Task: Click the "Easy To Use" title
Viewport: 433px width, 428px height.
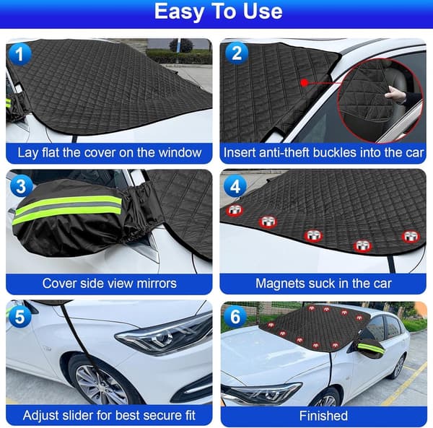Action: (218, 12)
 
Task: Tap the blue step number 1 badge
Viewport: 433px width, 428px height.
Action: (20, 54)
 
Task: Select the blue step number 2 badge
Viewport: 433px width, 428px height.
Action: (237, 53)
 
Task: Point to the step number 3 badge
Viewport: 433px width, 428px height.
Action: (21, 185)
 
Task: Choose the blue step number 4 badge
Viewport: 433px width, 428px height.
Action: (235, 186)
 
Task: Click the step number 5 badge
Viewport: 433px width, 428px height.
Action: (20, 316)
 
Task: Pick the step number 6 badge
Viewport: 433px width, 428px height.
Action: (235, 316)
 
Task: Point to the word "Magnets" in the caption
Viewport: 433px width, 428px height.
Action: (274, 284)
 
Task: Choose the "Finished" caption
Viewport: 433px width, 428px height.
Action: (323, 416)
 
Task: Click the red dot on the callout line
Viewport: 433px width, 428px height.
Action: (305, 82)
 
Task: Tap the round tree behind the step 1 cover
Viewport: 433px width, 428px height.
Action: (182, 45)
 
